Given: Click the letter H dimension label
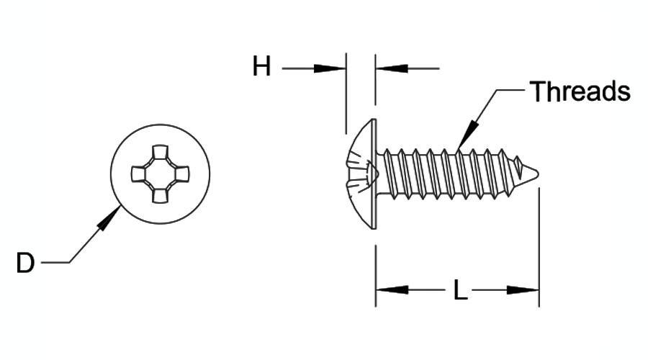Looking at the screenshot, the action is point(261,66).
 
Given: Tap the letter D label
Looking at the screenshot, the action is point(25,263).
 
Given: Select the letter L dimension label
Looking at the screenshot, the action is point(460,289).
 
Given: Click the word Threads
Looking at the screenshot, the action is point(580,91).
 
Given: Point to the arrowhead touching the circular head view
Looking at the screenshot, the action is point(109,218).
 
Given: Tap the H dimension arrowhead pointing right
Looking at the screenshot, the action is point(329,68).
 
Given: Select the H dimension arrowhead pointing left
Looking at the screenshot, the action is point(392,68).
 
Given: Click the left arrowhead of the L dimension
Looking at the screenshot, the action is point(392,289).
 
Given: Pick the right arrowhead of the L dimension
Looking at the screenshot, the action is point(523,289).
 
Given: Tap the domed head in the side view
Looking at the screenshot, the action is point(359,174).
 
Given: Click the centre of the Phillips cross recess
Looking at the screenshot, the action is point(161,174).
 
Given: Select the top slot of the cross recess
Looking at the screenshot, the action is point(161,152).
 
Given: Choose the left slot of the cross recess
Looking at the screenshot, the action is point(138,174).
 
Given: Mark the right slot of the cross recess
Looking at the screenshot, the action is point(182,174).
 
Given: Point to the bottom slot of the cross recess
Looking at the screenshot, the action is point(161,196).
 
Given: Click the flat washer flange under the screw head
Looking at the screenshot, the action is point(374,174).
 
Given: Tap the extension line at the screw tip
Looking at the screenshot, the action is point(539,247).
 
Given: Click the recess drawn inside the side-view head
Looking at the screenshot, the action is point(364,174).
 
